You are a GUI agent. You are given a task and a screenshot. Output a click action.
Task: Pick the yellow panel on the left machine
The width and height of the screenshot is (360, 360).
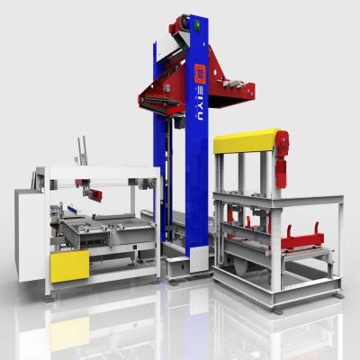69,265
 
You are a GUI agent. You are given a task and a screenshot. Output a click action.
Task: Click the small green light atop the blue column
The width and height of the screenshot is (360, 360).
193,17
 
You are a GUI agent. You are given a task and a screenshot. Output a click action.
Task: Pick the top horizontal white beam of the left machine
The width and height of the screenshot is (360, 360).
99,171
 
